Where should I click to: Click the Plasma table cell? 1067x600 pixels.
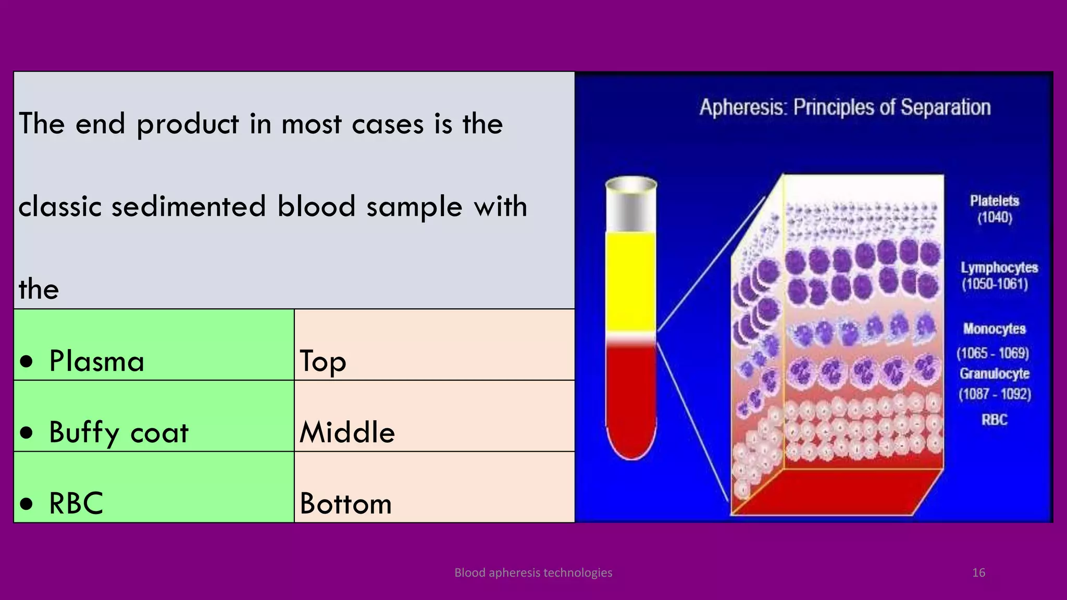coord(154,345)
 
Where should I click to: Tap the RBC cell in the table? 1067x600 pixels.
coord(154,488)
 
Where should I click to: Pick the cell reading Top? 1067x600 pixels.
coord(434,345)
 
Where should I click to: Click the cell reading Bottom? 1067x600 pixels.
coord(434,488)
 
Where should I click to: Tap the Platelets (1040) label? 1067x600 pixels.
coord(994,209)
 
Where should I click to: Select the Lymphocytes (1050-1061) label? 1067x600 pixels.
coord(998,276)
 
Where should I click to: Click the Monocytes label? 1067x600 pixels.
coord(994,329)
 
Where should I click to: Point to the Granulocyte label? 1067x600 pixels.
coord(994,374)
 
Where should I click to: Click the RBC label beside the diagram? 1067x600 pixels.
coord(994,420)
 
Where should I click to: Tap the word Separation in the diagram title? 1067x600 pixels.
coord(945,107)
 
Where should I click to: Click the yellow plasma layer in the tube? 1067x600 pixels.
coord(631,281)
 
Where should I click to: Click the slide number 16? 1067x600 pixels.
coord(978,573)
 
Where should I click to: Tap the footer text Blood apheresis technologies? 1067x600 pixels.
coord(533,573)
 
